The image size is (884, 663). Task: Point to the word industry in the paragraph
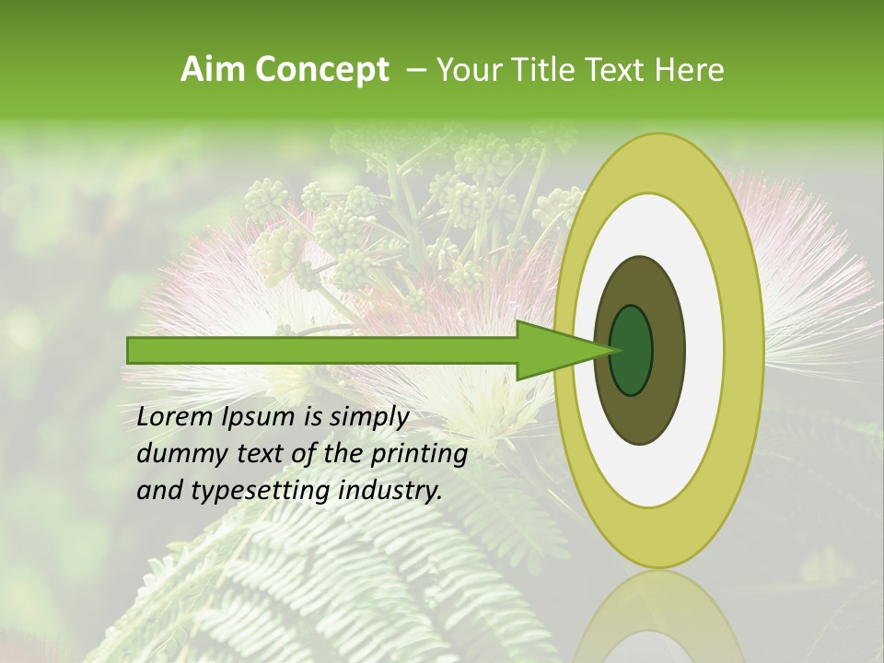[390, 491]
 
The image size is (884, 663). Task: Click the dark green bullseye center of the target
[633, 350]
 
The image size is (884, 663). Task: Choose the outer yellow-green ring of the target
[744, 350]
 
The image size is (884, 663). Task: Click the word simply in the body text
[368, 418]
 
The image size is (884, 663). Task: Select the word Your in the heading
[464, 70]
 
